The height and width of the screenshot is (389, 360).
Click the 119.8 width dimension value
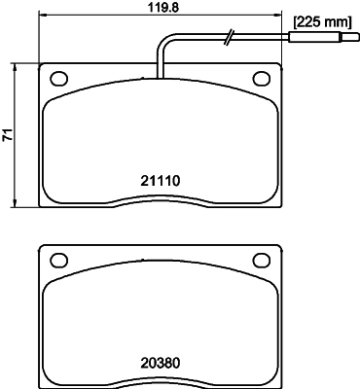point(161,9)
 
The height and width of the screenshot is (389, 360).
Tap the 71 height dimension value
point(8,137)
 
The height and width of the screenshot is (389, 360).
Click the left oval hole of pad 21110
point(57,78)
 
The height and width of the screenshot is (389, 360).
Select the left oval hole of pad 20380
point(57,260)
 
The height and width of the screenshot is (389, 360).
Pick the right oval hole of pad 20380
point(261,260)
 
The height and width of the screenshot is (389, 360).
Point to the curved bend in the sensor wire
point(165,44)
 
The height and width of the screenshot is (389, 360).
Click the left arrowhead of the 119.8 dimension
point(40,18)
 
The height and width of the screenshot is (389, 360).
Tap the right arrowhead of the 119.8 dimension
point(280,18)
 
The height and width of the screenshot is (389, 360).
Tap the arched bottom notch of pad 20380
point(161,381)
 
